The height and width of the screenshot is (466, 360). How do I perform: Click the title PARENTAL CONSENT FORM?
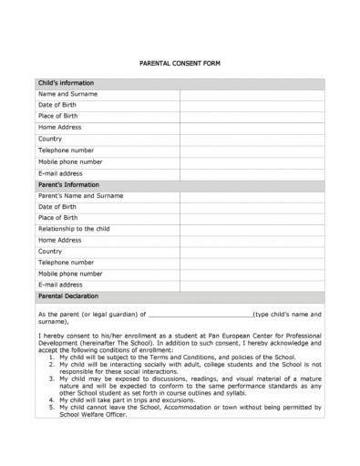coord(179,63)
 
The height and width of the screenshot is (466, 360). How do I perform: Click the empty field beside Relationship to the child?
coord(252,229)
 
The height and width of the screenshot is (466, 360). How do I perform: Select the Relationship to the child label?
coord(74,229)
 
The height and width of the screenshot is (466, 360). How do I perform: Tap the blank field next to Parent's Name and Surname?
coord(252,195)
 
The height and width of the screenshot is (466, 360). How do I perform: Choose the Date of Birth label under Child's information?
coord(57,106)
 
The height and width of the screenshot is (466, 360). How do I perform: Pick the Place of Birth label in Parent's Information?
coord(57,218)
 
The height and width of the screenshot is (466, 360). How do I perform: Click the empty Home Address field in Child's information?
coord(252,128)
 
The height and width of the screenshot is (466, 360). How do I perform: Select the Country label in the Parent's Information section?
coord(50,252)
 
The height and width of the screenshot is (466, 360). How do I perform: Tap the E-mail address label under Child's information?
coord(60,172)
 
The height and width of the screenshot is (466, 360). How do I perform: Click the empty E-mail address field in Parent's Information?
coord(252,285)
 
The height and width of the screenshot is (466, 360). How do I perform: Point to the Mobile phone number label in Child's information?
coord(69,161)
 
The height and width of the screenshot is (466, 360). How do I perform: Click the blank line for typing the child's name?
coord(200,315)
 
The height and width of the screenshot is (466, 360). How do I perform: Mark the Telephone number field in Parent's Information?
coord(252,263)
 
